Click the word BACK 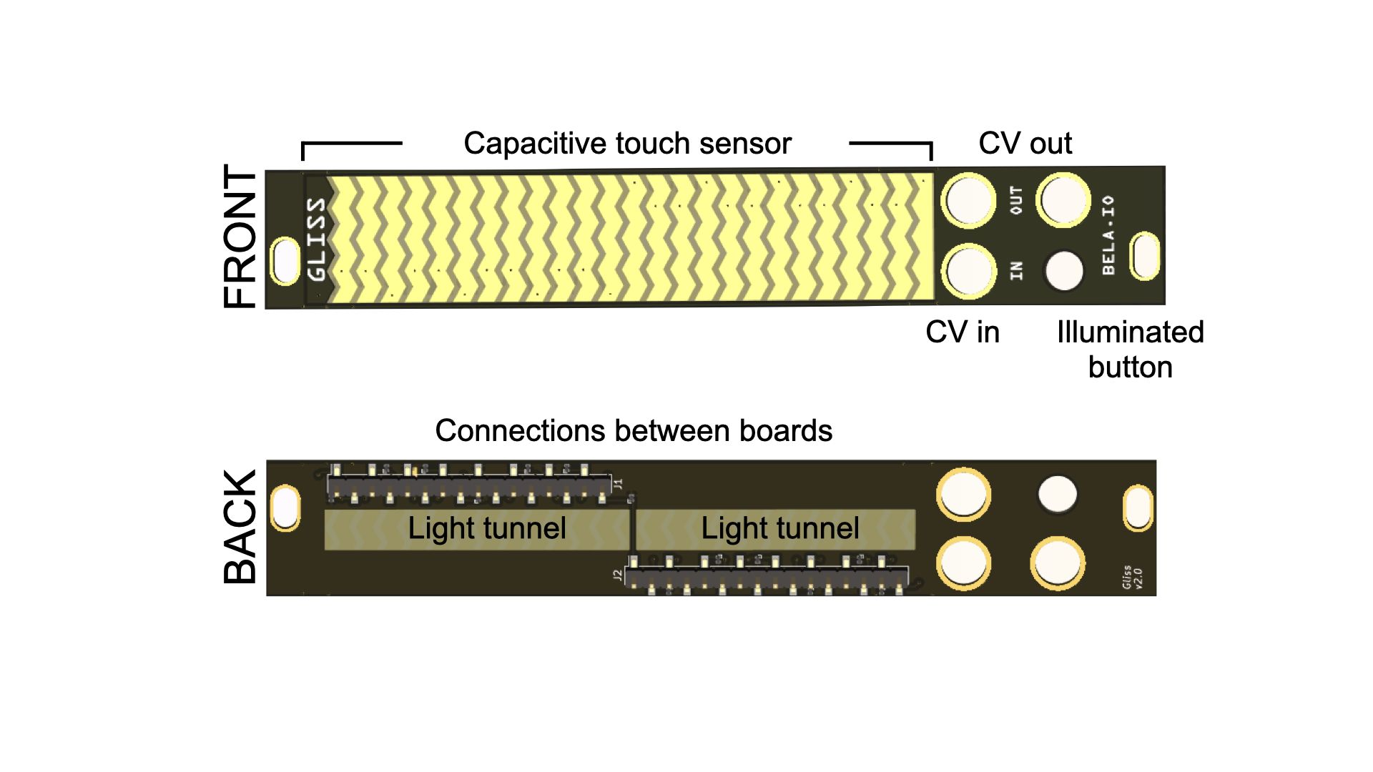point(240,527)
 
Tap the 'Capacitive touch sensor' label point(627,144)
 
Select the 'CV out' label point(1025,144)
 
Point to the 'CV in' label point(962,332)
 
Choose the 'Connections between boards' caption point(634,431)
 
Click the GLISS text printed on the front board point(316,239)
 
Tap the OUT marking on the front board point(1015,201)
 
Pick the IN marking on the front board point(1015,270)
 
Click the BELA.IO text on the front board point(1108,235)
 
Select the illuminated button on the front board point(1064,271)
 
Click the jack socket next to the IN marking point(968,271)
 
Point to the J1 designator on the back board point(619,483)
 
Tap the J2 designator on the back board point(617,574)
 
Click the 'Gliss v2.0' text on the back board point(1132,578)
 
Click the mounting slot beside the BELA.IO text point(1144,256)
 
